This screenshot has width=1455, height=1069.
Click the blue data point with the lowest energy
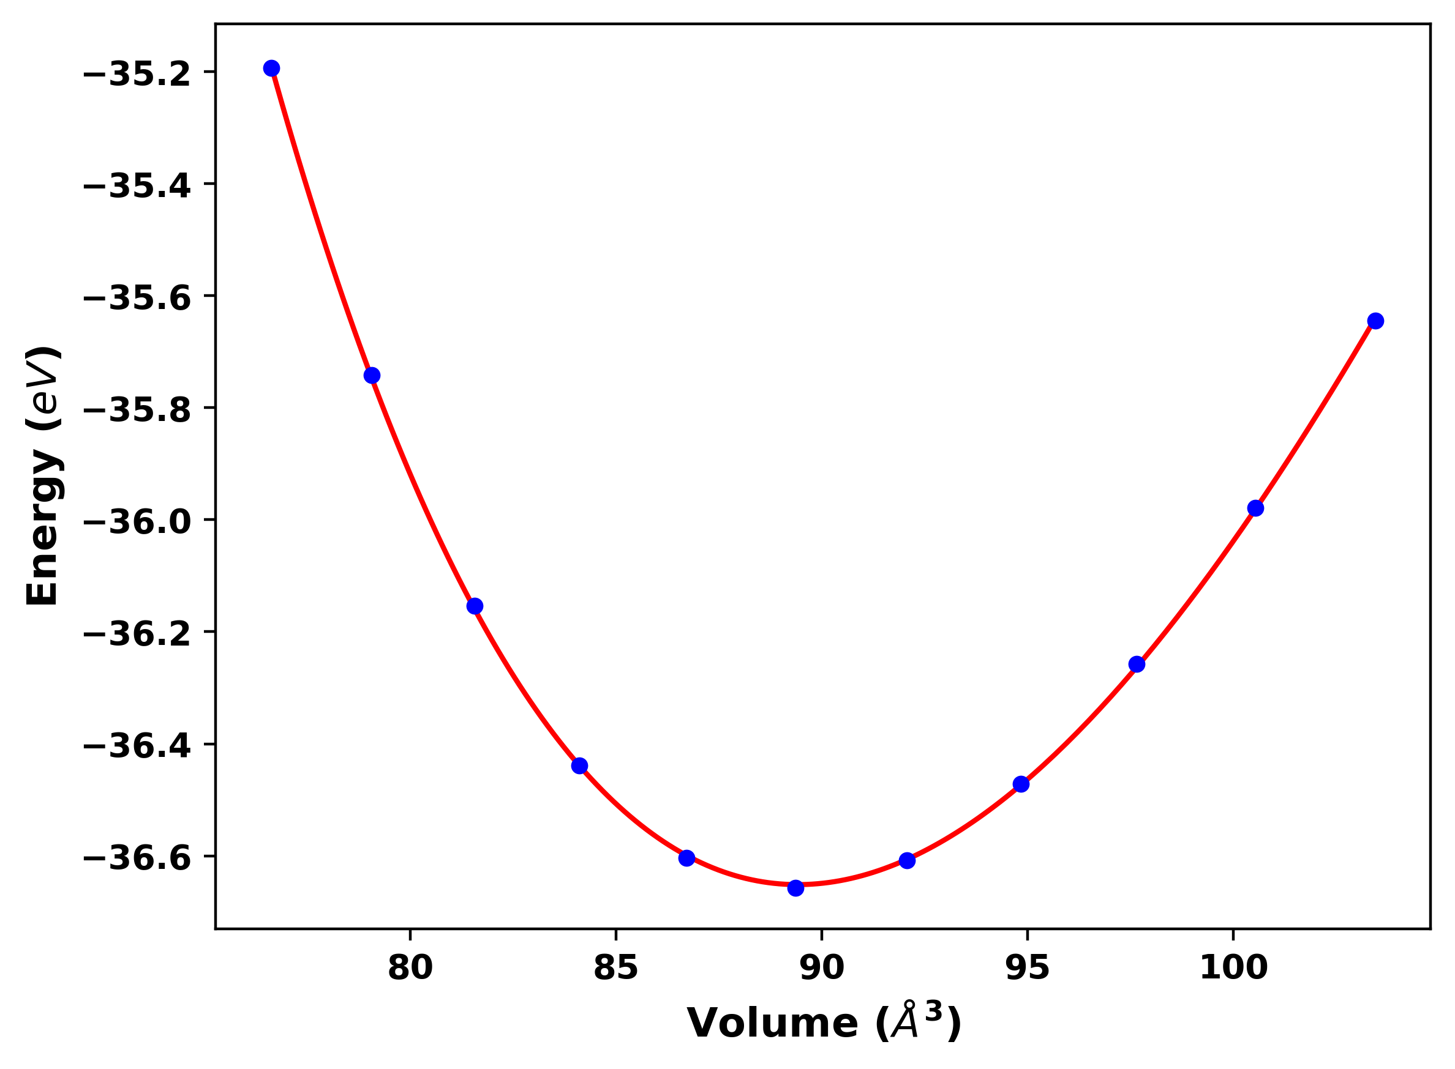[x=796, y=888]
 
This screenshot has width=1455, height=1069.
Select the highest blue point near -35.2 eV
[x=272, y=69]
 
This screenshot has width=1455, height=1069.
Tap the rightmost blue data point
[x=1376, y=321]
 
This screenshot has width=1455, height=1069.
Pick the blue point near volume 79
[x=372, y=375]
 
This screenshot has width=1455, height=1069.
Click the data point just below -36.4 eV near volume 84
[x=579, y=766]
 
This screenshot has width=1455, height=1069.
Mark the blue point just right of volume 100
[x=1255, y=508]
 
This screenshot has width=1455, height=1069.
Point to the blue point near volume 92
[x=907, y=860]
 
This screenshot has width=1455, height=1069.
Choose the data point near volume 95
[x=1021, y=784]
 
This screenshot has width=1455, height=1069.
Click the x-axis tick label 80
[x=410, y=969]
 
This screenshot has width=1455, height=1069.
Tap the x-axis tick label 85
[x=616, y=969]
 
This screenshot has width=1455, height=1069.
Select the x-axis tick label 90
[x=822, y=969]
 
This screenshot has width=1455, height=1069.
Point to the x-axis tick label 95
[x=1028, y=969]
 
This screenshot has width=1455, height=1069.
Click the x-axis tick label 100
[x=1233, y=969]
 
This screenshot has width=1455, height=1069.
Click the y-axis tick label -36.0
[x=137, y=522]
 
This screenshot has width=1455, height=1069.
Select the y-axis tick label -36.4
[x=137, y=746]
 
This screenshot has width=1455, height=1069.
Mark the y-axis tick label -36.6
[x=137, y=858]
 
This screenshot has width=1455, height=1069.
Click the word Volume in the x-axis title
[x=772, y=1024]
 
